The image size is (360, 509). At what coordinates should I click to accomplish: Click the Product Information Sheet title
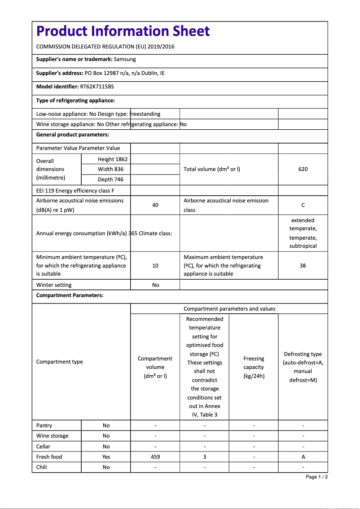coord(123,31)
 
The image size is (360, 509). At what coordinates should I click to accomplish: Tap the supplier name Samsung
coord(125,59)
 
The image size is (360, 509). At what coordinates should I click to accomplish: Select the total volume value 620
coord(303,169)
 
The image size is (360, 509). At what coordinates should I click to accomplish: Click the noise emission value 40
coord(155,205)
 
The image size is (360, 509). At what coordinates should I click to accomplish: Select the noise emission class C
coord(303,205)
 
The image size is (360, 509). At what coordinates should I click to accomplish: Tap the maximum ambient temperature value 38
coord(303,266)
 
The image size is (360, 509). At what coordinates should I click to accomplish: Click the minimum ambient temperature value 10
coord(155,266)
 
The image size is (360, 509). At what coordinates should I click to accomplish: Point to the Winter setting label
coord(54,285)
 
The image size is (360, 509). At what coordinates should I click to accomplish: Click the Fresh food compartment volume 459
coord(155,457)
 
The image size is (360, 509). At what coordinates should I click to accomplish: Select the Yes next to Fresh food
coord(106,457)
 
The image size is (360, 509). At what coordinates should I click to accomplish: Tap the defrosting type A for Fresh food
coord(303,457)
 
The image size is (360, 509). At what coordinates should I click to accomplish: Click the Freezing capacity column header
coord(254,367)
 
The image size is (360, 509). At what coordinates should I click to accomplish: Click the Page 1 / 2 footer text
coord(316,477)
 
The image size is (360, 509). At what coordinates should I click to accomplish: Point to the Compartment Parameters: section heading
coord(70,295)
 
